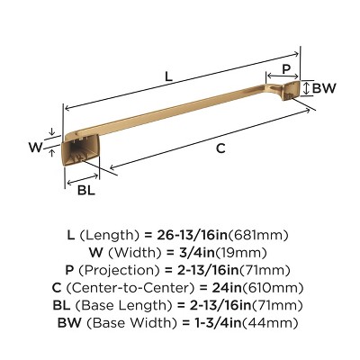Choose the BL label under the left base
(85, 189)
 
